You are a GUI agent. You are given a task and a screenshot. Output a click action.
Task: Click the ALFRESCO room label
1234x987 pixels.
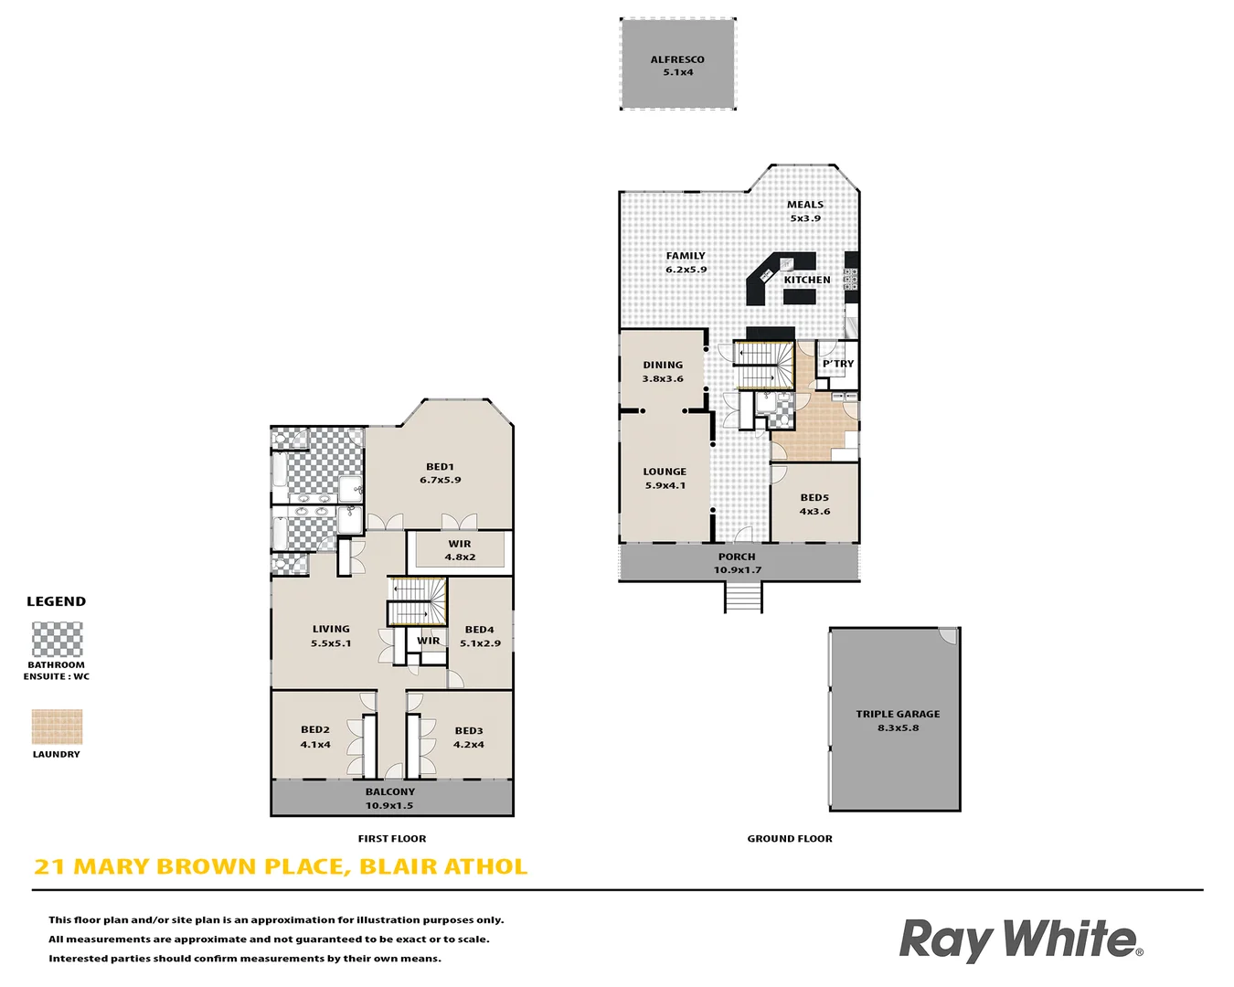tap(677, 66)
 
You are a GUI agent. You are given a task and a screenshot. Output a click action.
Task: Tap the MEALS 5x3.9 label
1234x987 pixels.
tap(805, 211)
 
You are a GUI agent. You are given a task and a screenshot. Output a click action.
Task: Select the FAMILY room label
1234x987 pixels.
tap(686, 262)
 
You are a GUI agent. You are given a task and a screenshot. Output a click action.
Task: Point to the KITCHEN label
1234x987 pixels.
tap(807, 280)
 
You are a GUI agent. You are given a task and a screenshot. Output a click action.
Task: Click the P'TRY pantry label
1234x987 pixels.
tap(837, 364)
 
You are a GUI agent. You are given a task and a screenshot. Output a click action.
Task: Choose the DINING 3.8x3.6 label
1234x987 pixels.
tap(663, 371)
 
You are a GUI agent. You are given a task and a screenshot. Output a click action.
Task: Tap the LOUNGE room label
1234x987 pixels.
tap(665, 478)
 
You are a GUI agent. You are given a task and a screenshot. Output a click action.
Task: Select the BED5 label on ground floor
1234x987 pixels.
tap(814, 504)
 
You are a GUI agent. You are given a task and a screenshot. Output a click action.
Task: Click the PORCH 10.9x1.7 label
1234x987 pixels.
tap(737, 563)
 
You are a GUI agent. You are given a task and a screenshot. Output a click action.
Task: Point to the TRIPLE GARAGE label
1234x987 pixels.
tap(898, 720)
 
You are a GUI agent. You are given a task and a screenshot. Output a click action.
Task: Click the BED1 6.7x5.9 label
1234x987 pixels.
tap(440, 472)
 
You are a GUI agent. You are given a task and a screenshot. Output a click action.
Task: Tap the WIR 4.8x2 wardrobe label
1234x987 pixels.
tap(460, 550)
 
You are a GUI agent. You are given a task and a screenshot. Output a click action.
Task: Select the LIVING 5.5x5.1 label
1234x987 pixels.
tap(331, 635)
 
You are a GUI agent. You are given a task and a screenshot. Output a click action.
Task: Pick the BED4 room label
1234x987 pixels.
tap(480, 635)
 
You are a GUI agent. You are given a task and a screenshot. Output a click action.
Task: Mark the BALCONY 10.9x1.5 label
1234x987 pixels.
tap(389, 799)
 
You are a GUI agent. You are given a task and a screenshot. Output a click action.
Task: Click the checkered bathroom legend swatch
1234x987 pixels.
tap(57, 640)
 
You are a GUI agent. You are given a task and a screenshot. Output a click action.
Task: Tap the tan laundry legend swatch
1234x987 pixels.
tap(57, 727)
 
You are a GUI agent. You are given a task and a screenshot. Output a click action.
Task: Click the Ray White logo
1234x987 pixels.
tap(1020, 940)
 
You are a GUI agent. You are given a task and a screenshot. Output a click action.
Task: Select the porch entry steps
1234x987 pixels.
tap(743, 598)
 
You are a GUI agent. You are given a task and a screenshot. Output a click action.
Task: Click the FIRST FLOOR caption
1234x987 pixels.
tap(392, 838)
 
